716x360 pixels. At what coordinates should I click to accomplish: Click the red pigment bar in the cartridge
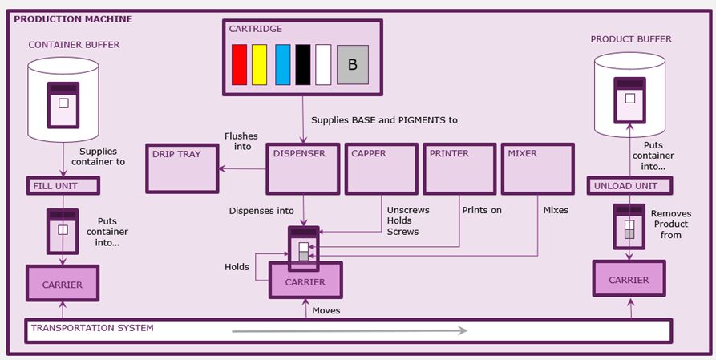(x=239, y=64)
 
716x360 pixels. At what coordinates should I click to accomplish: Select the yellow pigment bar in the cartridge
(x=259, y=64)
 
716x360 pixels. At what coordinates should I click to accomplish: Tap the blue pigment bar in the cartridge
(x=282, y=64)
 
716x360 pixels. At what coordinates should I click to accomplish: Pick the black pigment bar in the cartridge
(x=302, y=64)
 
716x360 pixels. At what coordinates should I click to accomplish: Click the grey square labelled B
(x=353, y=64)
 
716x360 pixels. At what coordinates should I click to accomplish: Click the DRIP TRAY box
(x=181, y=168)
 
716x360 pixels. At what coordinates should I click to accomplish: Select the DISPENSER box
(x=303, y=168)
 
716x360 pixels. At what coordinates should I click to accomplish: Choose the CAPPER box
(x=382, y=168)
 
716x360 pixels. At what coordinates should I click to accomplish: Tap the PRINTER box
(x=459, y=168)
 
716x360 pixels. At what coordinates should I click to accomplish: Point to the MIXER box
(x=538, y=168)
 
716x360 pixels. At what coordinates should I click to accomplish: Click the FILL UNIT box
(x=63, y=186)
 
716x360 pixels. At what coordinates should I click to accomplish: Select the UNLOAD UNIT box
(x=629, y=186)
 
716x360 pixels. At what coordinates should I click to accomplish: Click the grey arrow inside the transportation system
(x=350, y=330)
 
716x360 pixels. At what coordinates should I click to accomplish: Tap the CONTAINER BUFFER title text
(x=74, y=45)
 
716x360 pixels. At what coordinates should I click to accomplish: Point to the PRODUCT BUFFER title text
(x=631, y=39)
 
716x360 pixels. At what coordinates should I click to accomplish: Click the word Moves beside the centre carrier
(x=326, y=310)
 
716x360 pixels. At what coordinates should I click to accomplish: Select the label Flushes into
(x=237, y=140)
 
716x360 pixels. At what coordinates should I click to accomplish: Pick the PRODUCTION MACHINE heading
(x=73, y=18)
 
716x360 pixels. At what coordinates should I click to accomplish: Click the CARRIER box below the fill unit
(x=63, y=284)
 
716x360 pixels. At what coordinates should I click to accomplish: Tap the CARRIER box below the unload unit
(x=629, y=280)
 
